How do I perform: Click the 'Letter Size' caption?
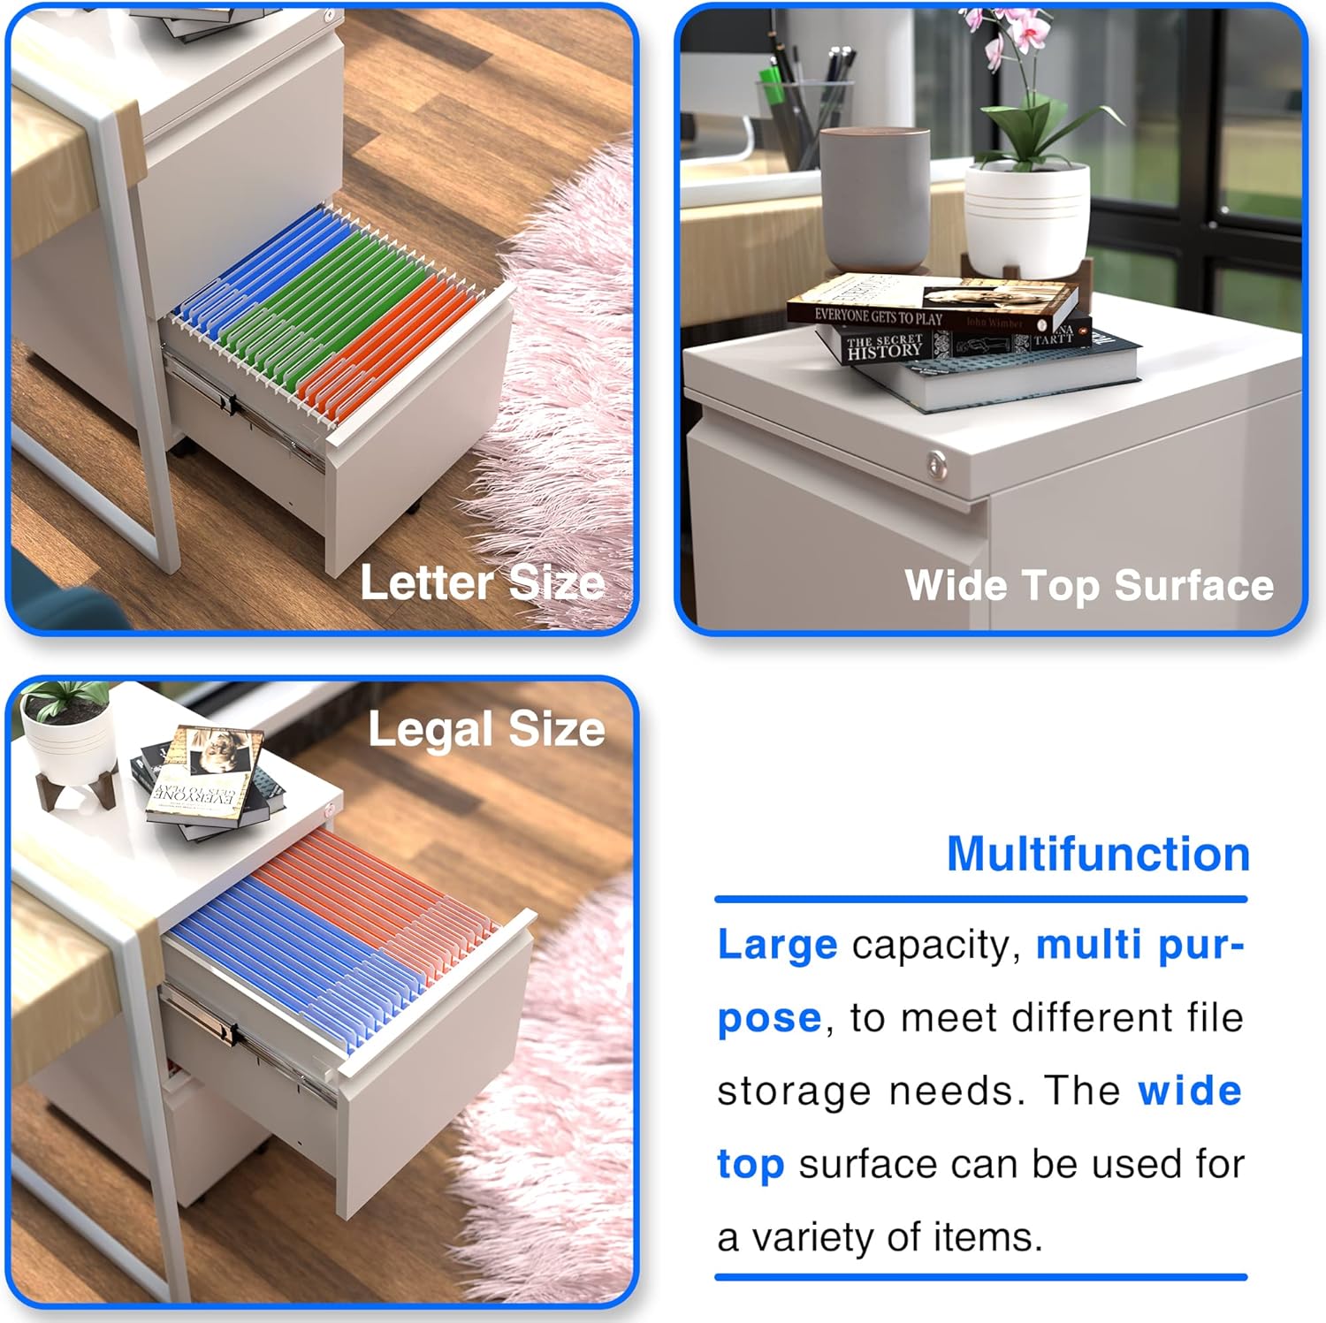point(482,583)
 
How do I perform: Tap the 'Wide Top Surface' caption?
point(1088,586)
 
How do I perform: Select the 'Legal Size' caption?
point(486,730)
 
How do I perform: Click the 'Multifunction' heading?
point(1098,855)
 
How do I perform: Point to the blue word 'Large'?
point(777,945)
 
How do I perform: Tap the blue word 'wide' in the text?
point(1190,1091)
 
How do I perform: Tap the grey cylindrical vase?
point(874,199)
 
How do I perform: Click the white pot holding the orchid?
point(1026,221)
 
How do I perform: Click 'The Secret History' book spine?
point(884,347)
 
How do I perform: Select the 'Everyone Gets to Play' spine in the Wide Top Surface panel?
point(879,316)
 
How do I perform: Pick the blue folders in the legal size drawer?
point(292,954)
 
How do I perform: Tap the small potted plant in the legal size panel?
point(66,734)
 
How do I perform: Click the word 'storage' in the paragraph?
point(781,1091)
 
